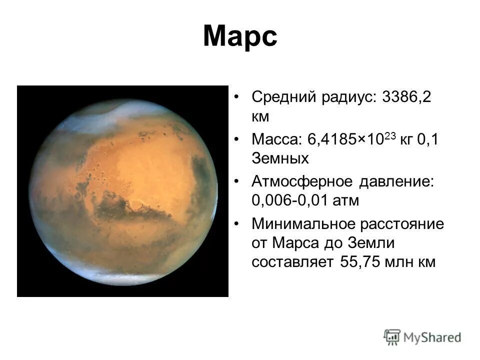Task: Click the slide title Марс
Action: [x=239, y=37]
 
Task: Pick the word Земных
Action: [x=280, y=159]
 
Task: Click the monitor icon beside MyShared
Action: [x=392, y=337]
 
